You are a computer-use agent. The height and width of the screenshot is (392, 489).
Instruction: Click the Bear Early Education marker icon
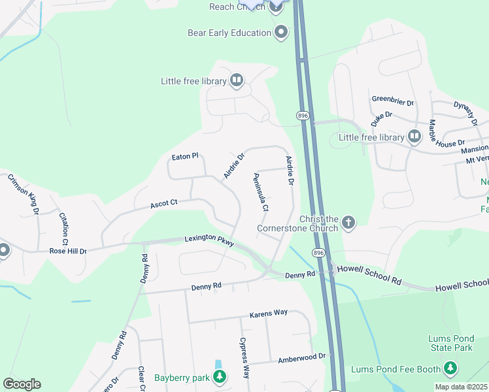pyautogui.click(x=282, y=32)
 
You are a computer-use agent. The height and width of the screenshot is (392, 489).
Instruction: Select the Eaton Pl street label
pyautogui.click(x=184, y=157)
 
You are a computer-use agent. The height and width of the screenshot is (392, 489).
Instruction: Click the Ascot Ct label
pyautogui.click(x=164, y=204)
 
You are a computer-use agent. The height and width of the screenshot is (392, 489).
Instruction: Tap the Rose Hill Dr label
pyautogui.click(x=68, y=250)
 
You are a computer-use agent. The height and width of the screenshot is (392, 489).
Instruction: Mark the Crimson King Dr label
pyautogui.click(x=24, y=194)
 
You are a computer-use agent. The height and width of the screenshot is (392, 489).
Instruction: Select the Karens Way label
pyautogui.click(x=268, y=313)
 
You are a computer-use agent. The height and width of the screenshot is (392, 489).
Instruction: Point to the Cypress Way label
pyautogui.click(x=244, y=358)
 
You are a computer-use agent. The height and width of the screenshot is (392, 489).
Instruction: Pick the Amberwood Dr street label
pyautogui.click(x=301, y=356)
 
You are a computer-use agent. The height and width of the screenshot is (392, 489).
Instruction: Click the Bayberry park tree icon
pyautogui.click(x=220, y=377)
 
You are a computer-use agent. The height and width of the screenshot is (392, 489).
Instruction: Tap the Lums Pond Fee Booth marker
pyautogui.click(x=449, y=370)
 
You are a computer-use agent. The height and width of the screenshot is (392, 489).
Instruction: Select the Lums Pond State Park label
pyautogui.click(x=450, y=344)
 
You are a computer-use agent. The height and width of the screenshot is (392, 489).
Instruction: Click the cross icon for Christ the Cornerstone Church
pyautogui.click(x=348, y=223)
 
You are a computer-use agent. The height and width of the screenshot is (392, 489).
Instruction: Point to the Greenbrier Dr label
pyautogui.click(x=393, y=102)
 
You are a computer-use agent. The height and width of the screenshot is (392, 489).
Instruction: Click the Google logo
pyautogui.click(x=22, y=384)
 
